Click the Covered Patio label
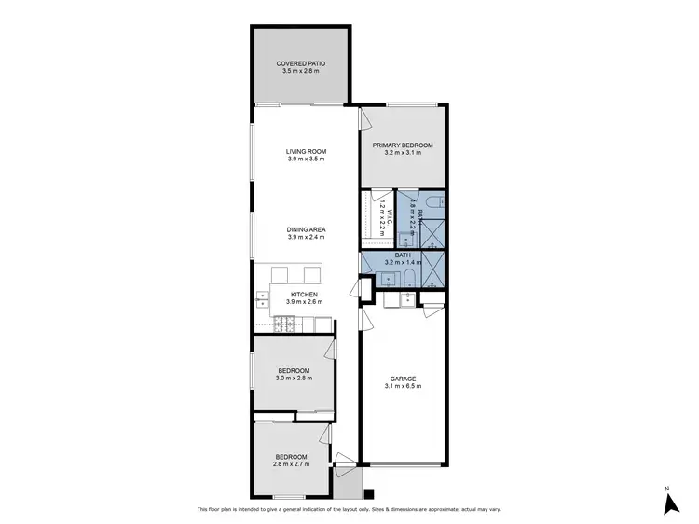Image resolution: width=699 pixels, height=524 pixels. (x=301, y=63)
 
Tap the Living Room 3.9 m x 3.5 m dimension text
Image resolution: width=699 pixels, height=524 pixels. (x=305, y=159)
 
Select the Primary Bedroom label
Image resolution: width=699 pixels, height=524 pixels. (x=403, y=145)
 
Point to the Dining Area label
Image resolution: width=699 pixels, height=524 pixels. (x=305, y=228)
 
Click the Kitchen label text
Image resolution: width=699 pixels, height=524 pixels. (x=305, y=295)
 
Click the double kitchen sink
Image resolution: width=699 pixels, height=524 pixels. (x=262, y=299)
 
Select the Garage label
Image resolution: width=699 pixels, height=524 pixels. (x=404, y=379)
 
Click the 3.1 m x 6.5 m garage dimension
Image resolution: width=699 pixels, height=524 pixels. (x=404, y=386)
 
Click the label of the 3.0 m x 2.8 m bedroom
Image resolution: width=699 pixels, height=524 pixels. (x=293, y=370)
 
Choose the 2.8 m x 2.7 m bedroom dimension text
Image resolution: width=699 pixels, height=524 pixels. (x=290, y=463)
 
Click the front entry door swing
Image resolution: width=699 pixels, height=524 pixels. (x=345, y=459)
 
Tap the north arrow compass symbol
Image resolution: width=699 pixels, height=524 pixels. (x=668, y=503)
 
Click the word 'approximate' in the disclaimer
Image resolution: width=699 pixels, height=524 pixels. (x=467, y=509)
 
